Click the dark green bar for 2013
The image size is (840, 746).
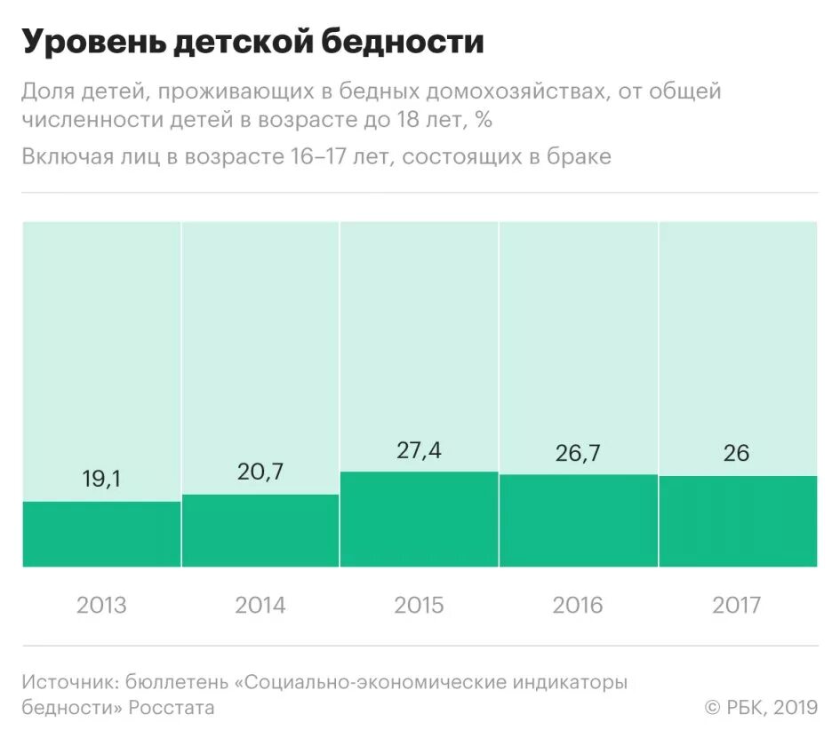pyautogui.click(x=101, y=535)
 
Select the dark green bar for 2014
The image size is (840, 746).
pyautogui.click(x=260, y=531)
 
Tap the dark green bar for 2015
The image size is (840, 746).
pyautogui.click(x=419, y=520)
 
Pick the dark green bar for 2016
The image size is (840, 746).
pyautogui.click(x=578, y=521)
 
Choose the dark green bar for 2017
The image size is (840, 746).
pyautogui.click(x=737, y=522)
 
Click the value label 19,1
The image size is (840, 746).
pyautogui.click(x=101, y=480)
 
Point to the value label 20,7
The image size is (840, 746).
pyautogui.click(x=260, y=472)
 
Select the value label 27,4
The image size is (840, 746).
pyautogui.click(x=419, y=450)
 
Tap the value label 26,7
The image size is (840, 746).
pyautogui.click(x=578, y=453)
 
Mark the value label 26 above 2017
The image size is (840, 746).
pyautogui.click(x=737, y=453)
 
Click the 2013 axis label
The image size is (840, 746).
pyautogui.click(x=101, y=606)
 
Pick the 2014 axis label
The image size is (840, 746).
pyautogui.click(x=260, y=606)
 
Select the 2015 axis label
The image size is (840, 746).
pyautogui.click(x=419, y=606)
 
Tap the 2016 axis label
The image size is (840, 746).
pyautogui.click(x=578, y=606)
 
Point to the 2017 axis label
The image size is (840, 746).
pyautogui.click(x=737, y=606)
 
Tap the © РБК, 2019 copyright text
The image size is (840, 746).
pyautogui.click(x=761, y=708)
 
